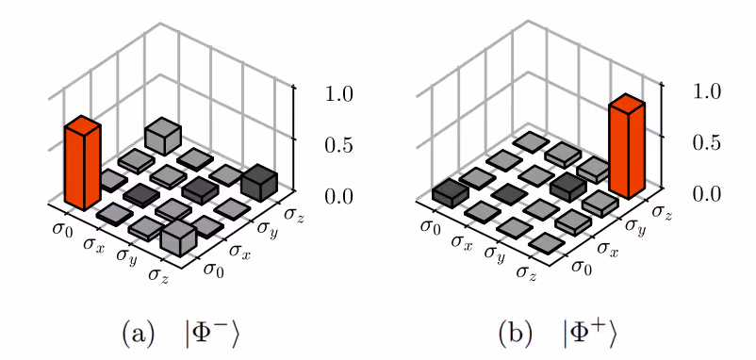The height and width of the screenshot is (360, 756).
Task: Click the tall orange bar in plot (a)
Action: [82, 163]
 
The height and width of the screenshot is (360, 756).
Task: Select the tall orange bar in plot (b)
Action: [626, 147]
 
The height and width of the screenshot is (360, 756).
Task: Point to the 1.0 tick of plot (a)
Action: [339, 94]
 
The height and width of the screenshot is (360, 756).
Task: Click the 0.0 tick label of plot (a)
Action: [339, 196]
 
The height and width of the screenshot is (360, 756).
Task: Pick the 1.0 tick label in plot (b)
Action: [707, 92]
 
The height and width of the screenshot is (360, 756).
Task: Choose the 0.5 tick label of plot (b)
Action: [707, 143]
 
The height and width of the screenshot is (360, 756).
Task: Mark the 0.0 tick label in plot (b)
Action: [707, 194]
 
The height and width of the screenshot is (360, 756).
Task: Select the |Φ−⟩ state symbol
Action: [213, 334]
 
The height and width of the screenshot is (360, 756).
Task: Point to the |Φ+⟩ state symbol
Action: [589, 334]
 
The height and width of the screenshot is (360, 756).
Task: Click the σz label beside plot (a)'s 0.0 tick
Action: [295, 214]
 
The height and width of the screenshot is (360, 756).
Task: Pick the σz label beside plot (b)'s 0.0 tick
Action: [662, 213]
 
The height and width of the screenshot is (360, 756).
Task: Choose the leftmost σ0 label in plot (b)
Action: [430, 226]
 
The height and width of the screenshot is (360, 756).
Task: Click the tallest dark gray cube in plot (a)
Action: [259, 186]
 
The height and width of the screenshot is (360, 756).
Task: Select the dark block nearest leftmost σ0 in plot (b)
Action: [451, 193]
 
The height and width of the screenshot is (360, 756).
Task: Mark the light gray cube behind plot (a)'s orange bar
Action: [163, 138]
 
